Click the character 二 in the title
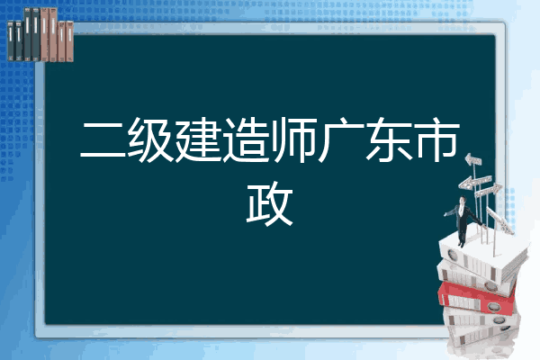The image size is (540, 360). (103, 139)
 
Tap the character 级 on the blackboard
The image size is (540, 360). (150, 139)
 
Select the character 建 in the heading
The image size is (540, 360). (198, 139)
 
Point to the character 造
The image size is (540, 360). (246, 139)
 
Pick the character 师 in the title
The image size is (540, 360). (293, 139)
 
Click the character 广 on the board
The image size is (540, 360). (341, 139)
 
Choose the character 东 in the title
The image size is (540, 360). (389, 139)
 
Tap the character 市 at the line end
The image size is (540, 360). (436, 139)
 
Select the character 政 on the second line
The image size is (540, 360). (270, 203)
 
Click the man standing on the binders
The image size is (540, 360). (463, 221)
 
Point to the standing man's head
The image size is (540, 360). (463, 200)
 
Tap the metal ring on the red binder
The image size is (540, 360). (493, 306)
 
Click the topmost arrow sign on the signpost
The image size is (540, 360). (473, 159)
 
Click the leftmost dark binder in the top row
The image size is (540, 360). (11, 40)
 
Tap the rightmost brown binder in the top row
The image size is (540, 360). (69, 41)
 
